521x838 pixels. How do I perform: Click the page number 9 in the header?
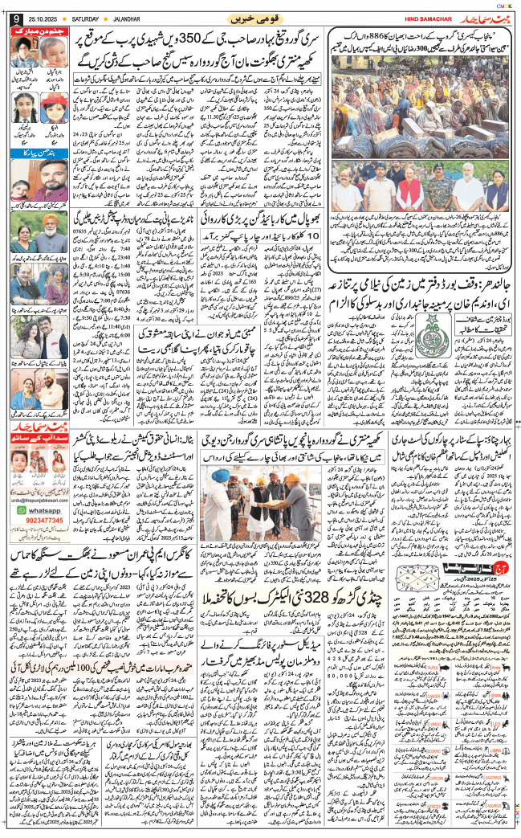pos(14,18)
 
